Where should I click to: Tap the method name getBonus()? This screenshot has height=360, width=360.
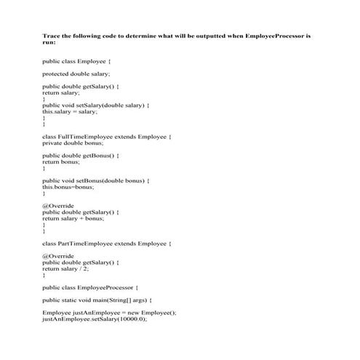[x=101, y=155]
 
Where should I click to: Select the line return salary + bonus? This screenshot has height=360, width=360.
[x=73, y=218]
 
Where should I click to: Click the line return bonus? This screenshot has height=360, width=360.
[x=60, y=161]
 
